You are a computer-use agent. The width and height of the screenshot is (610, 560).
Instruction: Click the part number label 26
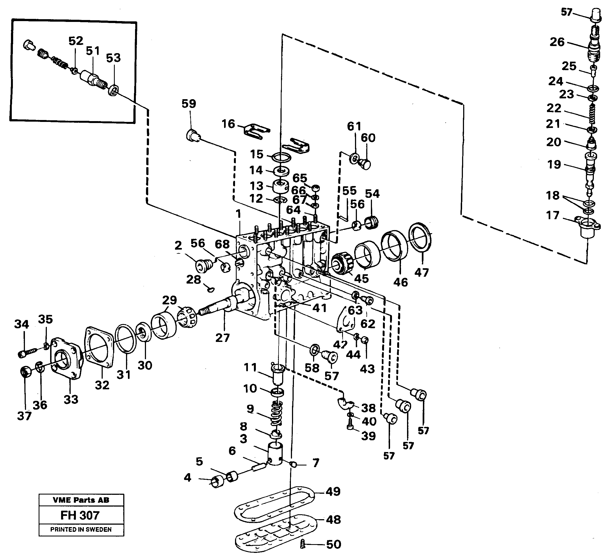557,42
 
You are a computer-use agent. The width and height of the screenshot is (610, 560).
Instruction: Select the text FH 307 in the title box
80,515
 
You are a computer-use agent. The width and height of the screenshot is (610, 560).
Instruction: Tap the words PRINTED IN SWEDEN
81,529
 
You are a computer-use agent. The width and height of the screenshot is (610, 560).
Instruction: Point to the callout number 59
189,104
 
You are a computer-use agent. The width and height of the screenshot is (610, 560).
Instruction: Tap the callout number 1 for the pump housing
239,214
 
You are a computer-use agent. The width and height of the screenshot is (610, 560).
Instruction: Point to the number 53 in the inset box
113,58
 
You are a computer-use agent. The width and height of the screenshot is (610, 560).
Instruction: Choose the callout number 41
319,308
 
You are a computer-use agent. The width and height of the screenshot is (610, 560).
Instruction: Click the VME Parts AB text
81,500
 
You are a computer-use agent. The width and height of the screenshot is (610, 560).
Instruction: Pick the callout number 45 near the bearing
361,278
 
